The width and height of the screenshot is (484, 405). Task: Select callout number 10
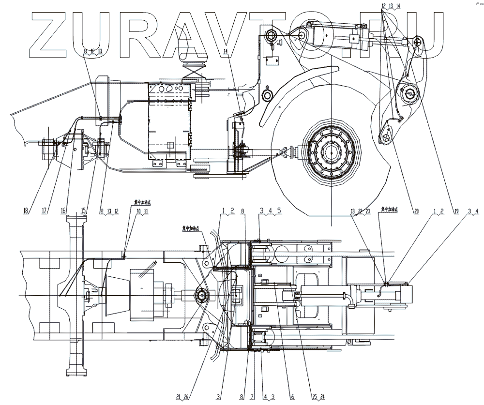(x=138, y=211)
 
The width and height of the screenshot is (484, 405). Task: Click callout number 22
(x=361, y=211)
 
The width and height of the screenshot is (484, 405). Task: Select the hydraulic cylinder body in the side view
(x=334, y=36)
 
